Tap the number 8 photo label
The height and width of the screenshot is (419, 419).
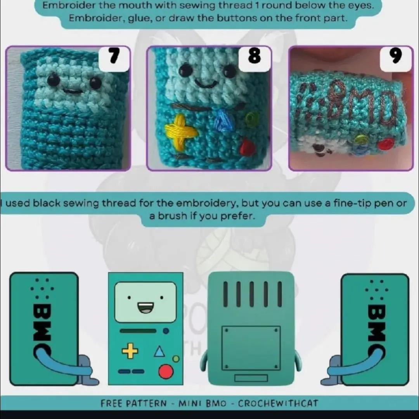[x=255, y=57]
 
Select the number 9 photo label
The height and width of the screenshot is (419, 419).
[x=396, y=57]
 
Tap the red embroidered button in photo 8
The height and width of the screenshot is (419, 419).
[x=247, y=147]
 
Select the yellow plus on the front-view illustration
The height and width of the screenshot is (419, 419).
[x=130, y=351]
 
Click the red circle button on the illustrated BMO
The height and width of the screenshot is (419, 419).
[x=166, y=372]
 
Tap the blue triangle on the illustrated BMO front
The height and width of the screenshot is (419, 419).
[x=159, y=352]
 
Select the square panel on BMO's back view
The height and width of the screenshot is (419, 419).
[x=251, y=348]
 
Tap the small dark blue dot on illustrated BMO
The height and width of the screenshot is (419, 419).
[x=166, y=331]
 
